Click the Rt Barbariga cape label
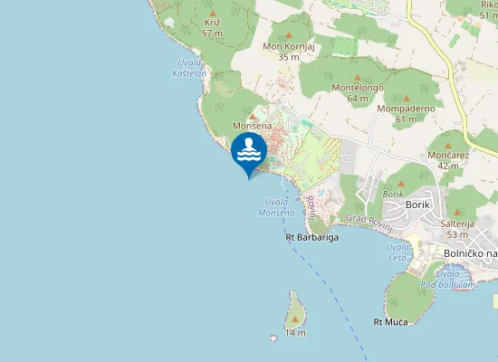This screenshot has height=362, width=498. click(x=312, y=238)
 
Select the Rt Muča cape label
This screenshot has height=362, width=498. click(x=391, y=321)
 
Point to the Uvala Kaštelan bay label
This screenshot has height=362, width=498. click(x=190, y=67)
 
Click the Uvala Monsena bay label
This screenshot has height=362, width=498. click(x=275, y=207)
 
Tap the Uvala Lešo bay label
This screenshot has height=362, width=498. click(x=397, y=252)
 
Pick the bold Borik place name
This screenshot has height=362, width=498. click(x=418, y=205)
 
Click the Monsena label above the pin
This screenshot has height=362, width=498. click(x=251, y=126)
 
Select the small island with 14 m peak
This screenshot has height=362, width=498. click(x=295, y=313)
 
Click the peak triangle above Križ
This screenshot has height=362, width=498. click(x=213, y=14)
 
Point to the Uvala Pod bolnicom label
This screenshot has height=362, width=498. click(x=455, y=279)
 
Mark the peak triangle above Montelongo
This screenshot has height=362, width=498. click(x=357, y=77)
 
